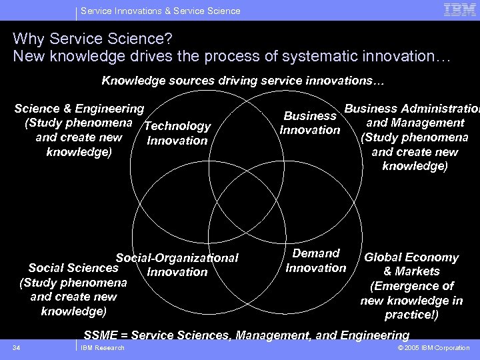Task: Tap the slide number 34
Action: (x=17, y=348)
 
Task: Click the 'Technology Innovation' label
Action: (x=177, y=133)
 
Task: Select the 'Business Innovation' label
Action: (x=310, y=123)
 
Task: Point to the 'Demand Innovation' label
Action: (x=316, y=261)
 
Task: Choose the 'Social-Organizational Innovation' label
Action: (x=177, y=265)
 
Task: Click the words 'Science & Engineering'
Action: (x=79, y=108)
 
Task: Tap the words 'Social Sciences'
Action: (x=73, y=268)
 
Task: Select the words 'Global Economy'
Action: (x=411, y=257)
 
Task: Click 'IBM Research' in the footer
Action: (x=102, y=348)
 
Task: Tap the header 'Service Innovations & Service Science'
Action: (x=160, y=11)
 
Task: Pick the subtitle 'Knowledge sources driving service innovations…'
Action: (x=243, y=81)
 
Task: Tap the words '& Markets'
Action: (x=411, y=271)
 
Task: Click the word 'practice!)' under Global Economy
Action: (x=411, y=315)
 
